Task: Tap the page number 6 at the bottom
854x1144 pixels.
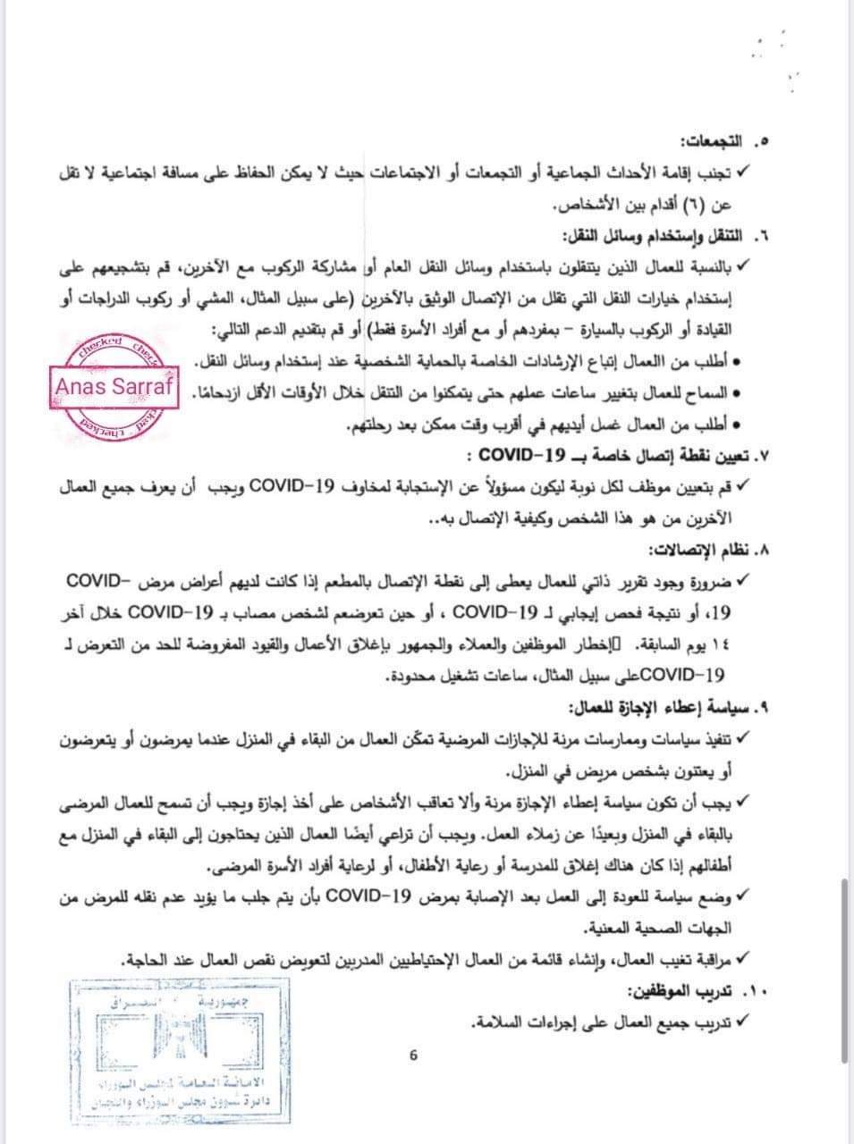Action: coord(414,1055)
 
